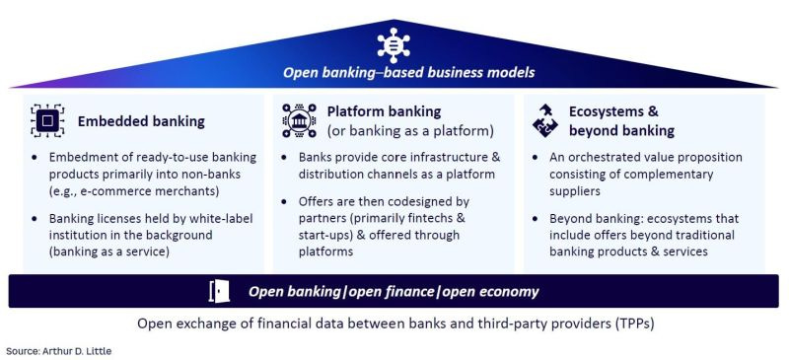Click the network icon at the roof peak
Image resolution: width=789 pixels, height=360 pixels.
click(x=394, y=43)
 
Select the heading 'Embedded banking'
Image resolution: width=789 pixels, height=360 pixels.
click(x=142, y=121)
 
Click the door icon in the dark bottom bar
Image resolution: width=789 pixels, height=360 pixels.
click(x=219, y=291)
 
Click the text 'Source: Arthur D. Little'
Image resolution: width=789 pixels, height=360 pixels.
click(x=58, y=350)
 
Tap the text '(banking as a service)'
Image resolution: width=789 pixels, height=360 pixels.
click(x=113, y=252)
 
